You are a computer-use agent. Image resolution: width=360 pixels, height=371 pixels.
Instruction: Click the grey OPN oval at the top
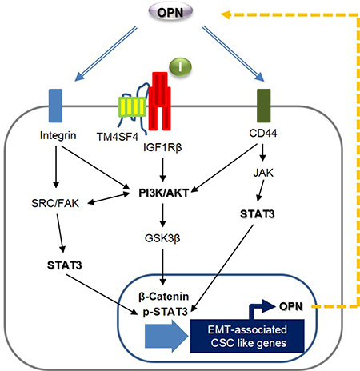[x=170, y=12]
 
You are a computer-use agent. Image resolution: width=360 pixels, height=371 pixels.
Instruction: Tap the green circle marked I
[x=181, y=67]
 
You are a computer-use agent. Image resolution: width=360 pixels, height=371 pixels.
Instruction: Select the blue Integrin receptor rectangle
[x=55, y=106]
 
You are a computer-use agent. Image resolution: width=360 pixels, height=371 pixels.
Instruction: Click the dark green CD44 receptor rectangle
[x=263, y=106]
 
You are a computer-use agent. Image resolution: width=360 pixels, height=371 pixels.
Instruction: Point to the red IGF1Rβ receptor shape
[x=160, y=102]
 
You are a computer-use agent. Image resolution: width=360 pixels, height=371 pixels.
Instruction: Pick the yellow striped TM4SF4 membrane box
[x=132, y=107]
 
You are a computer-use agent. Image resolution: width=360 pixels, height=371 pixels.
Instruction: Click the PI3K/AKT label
[x=164, y=193]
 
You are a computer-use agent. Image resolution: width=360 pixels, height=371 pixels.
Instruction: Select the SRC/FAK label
[x=55, y=203]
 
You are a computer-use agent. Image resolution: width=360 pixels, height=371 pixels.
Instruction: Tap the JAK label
[x=263, y=173]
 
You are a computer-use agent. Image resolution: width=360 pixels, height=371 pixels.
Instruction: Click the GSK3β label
[x=162, y=238]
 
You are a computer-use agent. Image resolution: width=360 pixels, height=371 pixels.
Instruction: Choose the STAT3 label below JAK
[x=258, y=214]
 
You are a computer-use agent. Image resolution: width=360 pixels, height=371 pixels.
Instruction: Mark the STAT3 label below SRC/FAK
[x=65, y=265]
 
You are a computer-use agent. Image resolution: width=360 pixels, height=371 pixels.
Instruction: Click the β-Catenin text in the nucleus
[x=164, y=297]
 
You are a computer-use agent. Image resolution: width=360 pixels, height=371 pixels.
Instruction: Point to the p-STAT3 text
[x=166, y=311]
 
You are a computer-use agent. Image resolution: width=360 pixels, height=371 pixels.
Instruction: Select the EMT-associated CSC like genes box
[x=247, y=336]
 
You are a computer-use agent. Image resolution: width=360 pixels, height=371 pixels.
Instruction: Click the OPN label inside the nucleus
[x=291, y=306]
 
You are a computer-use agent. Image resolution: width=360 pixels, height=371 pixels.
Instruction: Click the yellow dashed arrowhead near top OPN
[x=226, y=14]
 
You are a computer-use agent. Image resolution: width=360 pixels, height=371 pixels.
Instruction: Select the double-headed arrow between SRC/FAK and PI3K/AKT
[x=109, y=199]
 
